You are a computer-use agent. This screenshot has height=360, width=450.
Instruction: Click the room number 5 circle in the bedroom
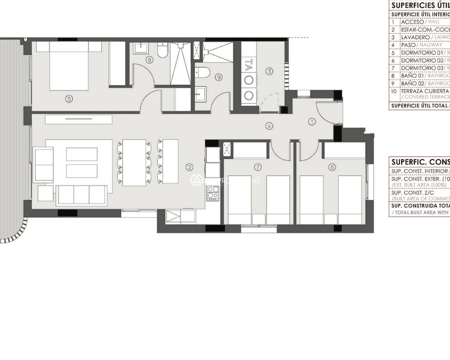(x=69, y=99)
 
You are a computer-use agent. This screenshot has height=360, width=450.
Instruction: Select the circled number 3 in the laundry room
(x=269, y=71)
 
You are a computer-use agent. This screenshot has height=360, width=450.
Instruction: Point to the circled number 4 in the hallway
(x=269, y=126)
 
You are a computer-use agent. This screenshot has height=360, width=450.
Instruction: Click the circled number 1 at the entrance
(x=312, y=122)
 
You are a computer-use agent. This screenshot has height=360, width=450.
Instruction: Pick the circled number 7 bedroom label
(x=258, y=167)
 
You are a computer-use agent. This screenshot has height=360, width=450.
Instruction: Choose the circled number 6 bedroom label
(x=332, y=167)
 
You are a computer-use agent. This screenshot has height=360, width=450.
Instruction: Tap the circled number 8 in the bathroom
(x=149, y=60)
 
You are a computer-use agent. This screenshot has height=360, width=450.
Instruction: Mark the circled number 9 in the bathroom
(x=219, y=77)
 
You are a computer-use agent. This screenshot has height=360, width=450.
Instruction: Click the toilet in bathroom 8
(x=163, y=51)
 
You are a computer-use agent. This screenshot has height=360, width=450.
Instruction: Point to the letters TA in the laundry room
(x=249, y=65)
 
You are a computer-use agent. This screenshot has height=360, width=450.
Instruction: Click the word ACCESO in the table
(x=412, y=22)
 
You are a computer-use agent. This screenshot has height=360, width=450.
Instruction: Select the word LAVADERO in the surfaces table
(x=415, y=37)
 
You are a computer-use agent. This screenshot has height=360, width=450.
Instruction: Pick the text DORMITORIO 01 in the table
(x=422, y=53)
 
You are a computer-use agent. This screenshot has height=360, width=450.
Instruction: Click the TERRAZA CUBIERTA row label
(x=420, y=91)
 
